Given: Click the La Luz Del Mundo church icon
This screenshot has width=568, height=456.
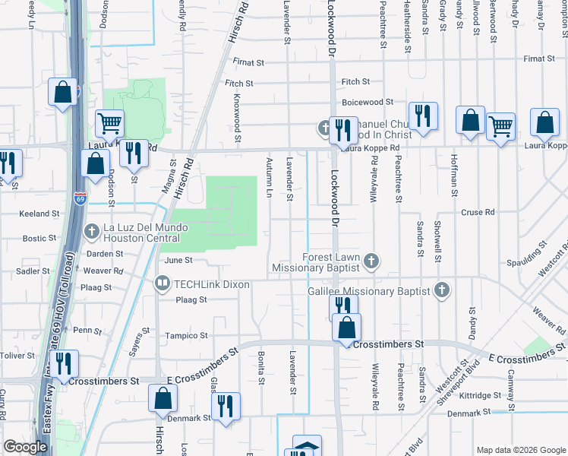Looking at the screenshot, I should pyautogui.click(x=92, y=230).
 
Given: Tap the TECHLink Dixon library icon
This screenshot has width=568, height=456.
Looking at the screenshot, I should pyautogui.click(x=162, y=284).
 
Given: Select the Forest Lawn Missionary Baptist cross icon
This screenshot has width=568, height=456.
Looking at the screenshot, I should pyautogui.click(x=371, y=262).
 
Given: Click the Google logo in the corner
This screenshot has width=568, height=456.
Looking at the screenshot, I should pyautogui.click(x=26, y=447).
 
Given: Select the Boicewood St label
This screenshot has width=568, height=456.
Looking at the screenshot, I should pyautogui.click(x=368, y=101).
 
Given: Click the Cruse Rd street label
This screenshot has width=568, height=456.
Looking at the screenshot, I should pyautogui.click(x=478, y=213).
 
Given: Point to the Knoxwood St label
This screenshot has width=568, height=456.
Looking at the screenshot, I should pyautogui.click(x=237, y=118).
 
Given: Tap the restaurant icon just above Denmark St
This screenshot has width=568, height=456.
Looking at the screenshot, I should pyautogui.click(x=225, y=405).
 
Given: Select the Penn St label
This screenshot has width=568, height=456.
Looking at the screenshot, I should pyautogui.click(x=87, y=330).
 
